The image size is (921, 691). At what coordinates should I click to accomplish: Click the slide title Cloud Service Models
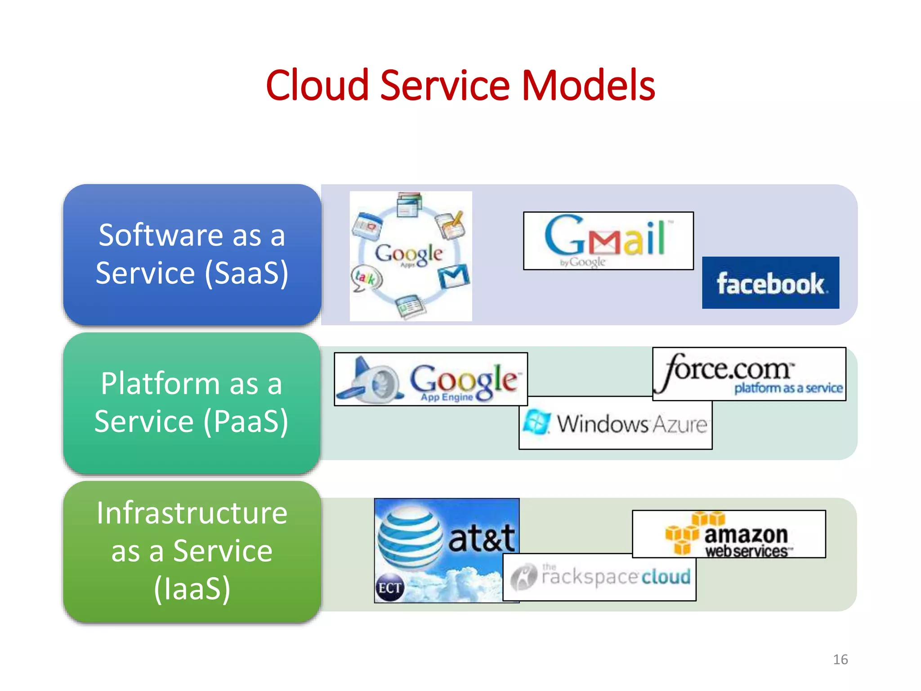tap(460, 85)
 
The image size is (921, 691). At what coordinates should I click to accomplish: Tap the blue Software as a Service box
tap(192, 254)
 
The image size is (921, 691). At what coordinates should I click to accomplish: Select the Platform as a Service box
tap(192, 403)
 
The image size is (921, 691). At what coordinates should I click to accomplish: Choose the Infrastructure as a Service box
tap(192, 551)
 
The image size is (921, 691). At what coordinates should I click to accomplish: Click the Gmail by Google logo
tap(608, 241)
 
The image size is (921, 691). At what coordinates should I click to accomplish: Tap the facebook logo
tap(770, 283)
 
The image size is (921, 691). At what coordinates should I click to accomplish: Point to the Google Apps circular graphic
tap(411, 256)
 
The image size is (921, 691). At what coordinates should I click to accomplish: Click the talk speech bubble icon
tap(366, 278)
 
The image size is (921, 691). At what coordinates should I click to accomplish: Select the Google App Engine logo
tap(431, 379)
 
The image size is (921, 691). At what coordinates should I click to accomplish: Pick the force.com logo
tap(749, 374)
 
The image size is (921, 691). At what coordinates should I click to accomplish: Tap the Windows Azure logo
tap(615, 423)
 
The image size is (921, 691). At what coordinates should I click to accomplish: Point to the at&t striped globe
tap(410, 538)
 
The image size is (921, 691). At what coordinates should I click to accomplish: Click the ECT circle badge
tap(389, 588)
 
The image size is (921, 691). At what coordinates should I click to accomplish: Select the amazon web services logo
tap(729, 534)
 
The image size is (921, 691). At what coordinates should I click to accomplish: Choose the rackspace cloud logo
tap(599, 577)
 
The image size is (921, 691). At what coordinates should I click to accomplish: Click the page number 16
tap(840, 660)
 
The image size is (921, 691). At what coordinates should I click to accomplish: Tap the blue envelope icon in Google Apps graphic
tap(454, 276)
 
